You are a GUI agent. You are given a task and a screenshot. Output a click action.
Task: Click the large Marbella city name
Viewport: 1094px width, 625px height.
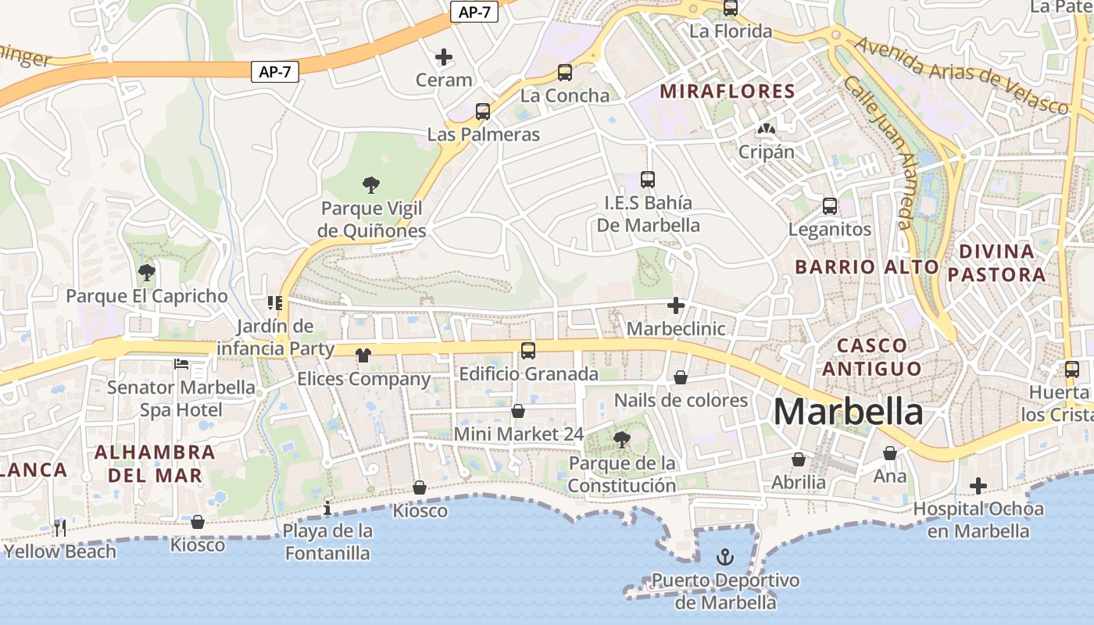click(x=848, y=412)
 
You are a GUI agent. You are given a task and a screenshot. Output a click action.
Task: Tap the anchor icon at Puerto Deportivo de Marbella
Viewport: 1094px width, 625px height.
click(x=726, y=557)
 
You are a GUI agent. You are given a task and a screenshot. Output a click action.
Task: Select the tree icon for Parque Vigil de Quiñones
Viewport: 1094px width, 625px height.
click(x=371, y=185)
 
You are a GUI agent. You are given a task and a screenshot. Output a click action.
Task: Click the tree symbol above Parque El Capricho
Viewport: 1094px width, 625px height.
click(x=146, y=273)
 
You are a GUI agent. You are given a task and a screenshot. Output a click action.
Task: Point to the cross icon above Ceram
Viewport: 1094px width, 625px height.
click(x=443, y=56)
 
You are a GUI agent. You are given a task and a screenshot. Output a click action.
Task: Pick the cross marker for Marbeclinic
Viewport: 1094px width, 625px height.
click(x=676, y=305)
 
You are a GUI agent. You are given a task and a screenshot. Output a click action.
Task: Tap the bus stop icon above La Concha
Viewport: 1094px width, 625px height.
click(x=564, y=73)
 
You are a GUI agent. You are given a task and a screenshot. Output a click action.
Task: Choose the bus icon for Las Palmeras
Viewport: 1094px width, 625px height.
click(x=483, y=112)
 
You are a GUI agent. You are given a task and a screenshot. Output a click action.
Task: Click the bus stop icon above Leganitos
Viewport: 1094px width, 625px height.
click(x=829, y=206)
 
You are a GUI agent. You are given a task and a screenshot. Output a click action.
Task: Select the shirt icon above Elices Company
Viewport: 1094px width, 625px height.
click(x=363, y=355)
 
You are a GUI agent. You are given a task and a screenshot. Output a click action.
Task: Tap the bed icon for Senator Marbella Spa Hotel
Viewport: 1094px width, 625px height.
click(x=181, y=364)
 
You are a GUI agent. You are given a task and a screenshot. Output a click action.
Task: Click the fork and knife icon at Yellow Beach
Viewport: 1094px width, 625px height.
click(x=60, y=528)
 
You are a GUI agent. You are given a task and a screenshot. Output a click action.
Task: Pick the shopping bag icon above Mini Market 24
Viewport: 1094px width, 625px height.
click(x=517, y=411)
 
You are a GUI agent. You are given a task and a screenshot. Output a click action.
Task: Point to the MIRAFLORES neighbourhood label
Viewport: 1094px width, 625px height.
click(x=728, y=91)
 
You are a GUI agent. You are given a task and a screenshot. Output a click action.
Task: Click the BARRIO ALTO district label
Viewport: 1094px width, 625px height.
click(x=867, y=266)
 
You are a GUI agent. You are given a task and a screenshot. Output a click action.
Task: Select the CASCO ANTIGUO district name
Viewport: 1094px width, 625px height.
click(x=871, y=356)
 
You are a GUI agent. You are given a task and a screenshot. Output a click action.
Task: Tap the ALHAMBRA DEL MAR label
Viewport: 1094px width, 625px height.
click(x=155, y=463)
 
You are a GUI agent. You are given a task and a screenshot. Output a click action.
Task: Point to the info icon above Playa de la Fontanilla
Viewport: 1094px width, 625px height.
click(x=327, y=509)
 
